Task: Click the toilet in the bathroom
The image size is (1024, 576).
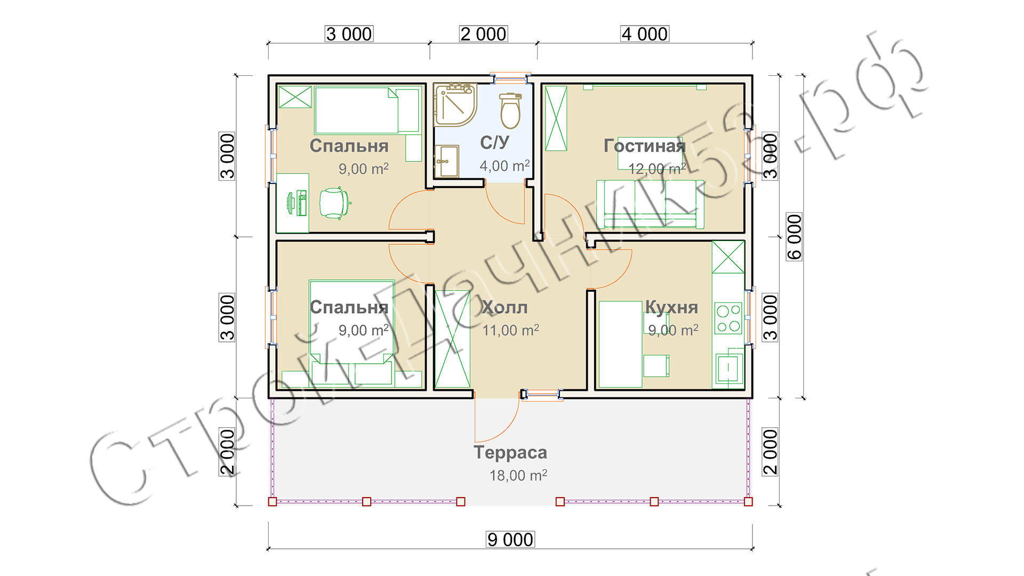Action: pyautogui.click(x=510, y=110)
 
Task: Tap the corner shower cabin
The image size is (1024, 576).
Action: pyautogui.click(x=454, y=104)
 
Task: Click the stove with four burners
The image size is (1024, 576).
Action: pyautogui.click(x=729, y=318)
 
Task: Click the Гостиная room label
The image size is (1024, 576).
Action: pyautogui.click(x=644, y=146)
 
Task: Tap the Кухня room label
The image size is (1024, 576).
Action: pyautogui.click(x=671, y=307)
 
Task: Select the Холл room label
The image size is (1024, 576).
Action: pyautogui.click(x=504, y=307)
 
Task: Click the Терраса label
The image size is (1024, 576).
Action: pyautogui.click(x=510, y=453)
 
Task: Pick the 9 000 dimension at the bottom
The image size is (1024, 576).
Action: pyautogui.click(x=510, y=540)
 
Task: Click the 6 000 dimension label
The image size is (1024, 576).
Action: pyautogui.click(x=794, y=237)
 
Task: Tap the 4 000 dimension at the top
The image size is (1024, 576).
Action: pyautogui.click(x=645, y=34)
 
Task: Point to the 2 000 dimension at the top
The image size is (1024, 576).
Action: pyautogui.click(x=483, y=34)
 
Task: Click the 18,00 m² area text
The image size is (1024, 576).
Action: pyautogui.click(x=518, y=475)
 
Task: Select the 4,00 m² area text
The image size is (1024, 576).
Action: pyautogui.click(x=505, y=166)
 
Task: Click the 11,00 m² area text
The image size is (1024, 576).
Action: pyautogui.click(x=510, y=330)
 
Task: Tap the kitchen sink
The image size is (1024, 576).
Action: pyautogui.click(x=728, y=367)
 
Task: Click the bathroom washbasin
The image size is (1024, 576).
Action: pyautogui.click(x=446, y=161)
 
